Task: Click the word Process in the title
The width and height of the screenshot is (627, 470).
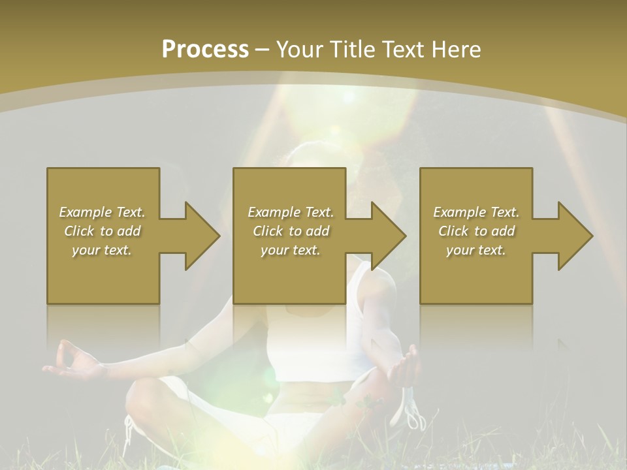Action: pos(205,50)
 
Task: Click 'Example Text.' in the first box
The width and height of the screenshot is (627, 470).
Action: pos(102,212)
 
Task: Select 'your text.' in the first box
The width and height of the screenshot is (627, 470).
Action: pos(102,250)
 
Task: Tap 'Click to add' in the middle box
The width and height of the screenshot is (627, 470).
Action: pos(291,231)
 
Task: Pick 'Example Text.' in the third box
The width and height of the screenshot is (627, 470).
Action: pos(476,212)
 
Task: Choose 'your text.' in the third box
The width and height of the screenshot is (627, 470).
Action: pos(476,250)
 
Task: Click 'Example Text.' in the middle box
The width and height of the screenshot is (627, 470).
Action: pos(291,212)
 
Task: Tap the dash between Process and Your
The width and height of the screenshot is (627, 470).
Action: pos(263,50)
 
